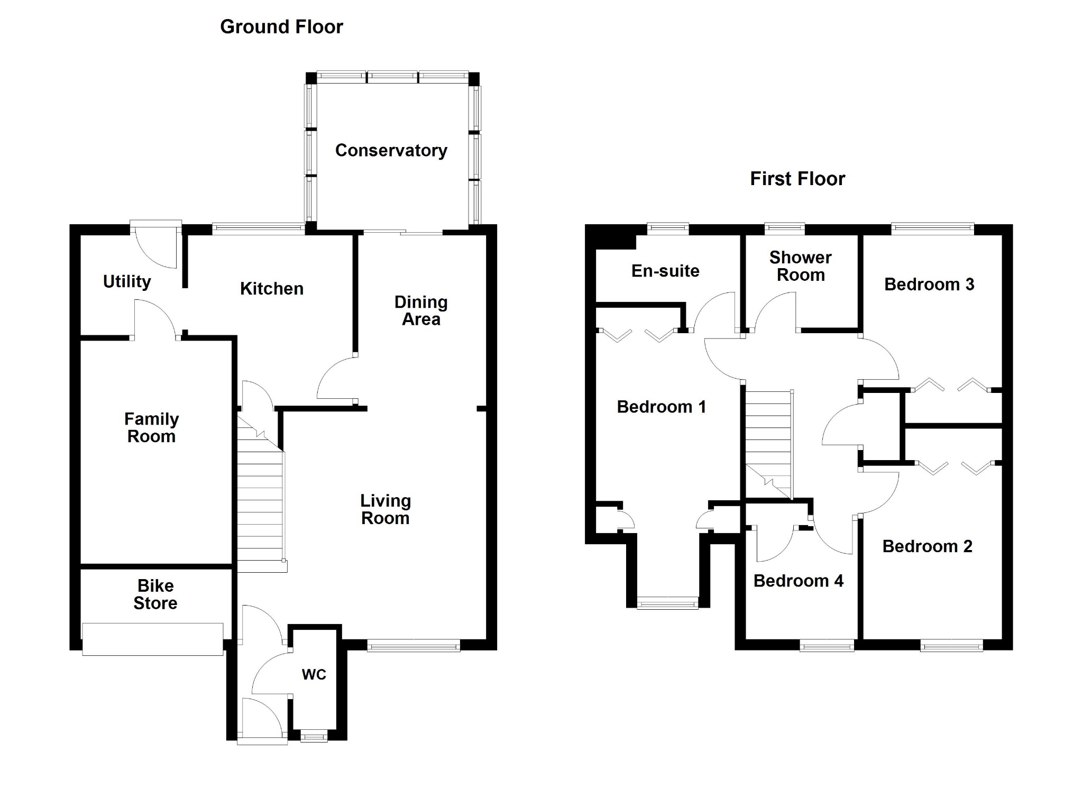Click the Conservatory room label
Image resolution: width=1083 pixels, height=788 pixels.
pos(391,151)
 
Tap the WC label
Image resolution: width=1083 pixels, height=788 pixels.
pos(314,674)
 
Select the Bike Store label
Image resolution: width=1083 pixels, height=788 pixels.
pos(155,594)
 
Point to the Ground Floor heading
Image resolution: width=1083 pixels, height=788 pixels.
pos(281,26)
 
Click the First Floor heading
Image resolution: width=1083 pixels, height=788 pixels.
pos(797,179)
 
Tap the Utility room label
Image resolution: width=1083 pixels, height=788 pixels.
pos(127,281)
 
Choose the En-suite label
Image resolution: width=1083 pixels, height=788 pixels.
pos(665,271)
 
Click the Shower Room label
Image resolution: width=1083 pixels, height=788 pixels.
pos(801,266)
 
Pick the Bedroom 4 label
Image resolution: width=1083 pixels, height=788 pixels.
pos(799,581)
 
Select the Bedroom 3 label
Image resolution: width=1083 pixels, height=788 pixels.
pos(929,284)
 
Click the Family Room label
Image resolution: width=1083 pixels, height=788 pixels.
pos(152,427)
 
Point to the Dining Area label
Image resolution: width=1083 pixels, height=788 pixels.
pos(421,310)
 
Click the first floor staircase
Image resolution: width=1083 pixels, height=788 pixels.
pos(769,444)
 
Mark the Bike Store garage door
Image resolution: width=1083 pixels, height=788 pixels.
pos(153,639)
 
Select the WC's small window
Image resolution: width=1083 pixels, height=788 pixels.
pos(314,736)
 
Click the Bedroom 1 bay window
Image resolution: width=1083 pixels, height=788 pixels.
pos(668,603)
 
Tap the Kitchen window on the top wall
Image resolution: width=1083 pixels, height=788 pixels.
pos(259,229)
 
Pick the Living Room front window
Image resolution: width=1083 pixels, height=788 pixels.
pos(414,645)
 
